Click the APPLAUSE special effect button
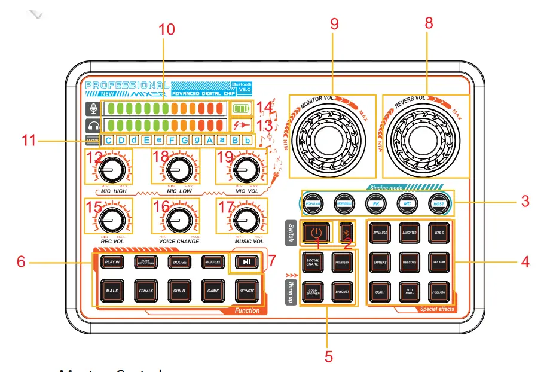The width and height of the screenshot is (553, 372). (x=380, y=231)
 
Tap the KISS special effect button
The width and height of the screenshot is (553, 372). (x=439, y=231)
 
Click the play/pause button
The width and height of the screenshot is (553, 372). (x=246, y=261)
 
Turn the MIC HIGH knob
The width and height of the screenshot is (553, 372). (x=110, y=170)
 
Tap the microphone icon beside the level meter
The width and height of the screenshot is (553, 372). (x=93, y=109)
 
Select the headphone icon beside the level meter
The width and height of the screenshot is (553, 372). (x=93, y=126)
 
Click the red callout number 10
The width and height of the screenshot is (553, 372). (x=167, y=29)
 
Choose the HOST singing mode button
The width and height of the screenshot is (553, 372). (x=438, y=203)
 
